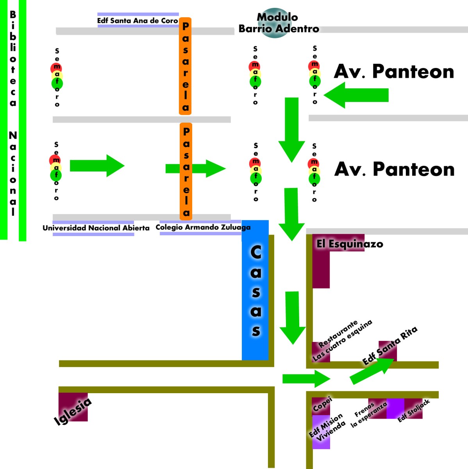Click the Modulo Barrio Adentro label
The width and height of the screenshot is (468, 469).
(278, 23)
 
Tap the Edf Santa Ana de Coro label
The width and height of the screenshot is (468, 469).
(138, 20)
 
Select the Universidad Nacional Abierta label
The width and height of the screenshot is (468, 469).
(96, 228)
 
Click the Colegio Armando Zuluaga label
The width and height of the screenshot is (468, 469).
(203, 227)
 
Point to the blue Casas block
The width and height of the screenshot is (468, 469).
(255, 290)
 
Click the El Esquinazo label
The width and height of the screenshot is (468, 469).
(349, 244)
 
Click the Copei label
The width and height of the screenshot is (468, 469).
(322, 404)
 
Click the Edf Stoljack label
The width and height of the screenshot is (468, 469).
(413, 410)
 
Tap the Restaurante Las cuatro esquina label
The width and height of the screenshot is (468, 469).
(341, 341)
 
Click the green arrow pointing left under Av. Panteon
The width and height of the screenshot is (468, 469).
(356, 95)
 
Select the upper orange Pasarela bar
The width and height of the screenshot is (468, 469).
(186, 66)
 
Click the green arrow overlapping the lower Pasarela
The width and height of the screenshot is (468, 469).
(195, 168)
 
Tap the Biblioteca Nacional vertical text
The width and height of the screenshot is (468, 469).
(13, 113)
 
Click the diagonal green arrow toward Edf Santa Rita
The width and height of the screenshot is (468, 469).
(372, 371)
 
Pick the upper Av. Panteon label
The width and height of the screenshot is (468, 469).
(393, 72)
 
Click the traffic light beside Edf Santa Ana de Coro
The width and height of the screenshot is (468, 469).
(57, 77)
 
